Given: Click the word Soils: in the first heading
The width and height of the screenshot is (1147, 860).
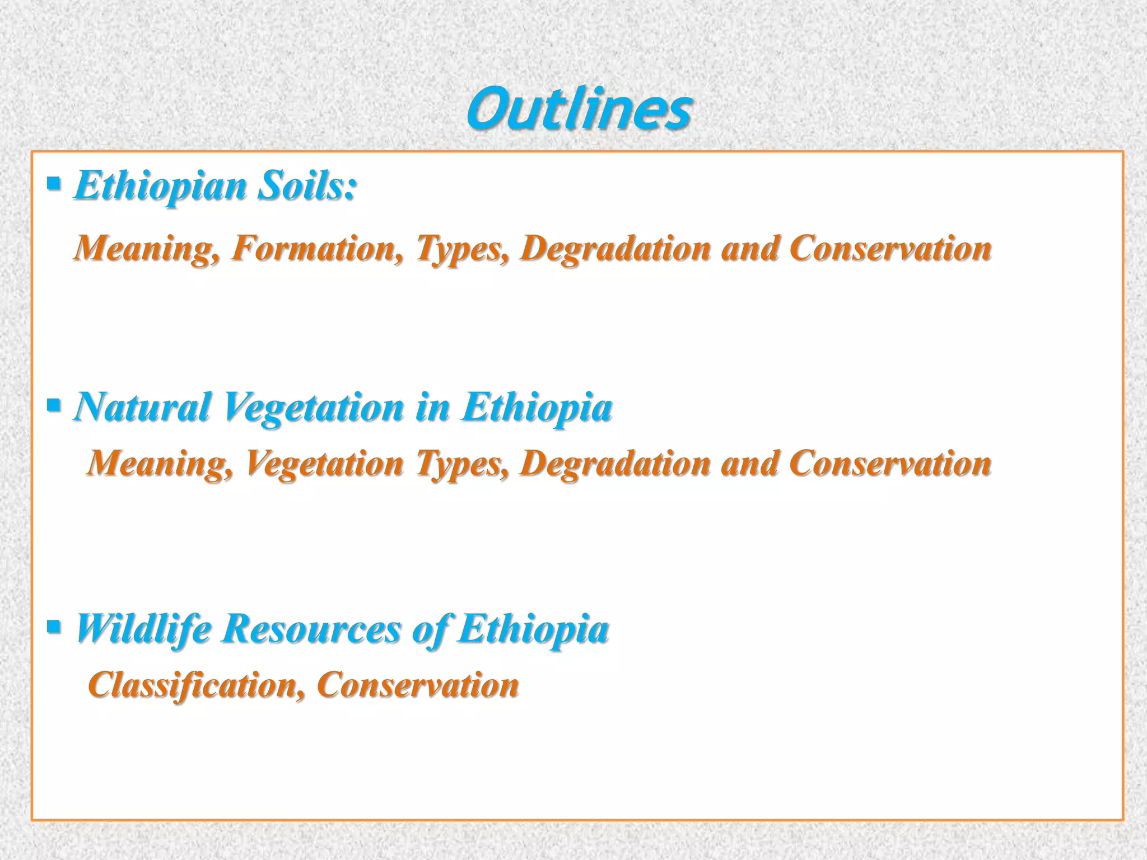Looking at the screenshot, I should point(306,185).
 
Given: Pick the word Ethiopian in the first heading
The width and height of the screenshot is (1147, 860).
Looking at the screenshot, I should point(160,185).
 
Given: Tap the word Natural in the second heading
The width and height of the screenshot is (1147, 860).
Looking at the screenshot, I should point(142,407).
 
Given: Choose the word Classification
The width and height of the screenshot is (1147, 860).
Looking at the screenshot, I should point(193,684).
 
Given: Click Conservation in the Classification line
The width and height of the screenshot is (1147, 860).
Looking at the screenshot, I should point(418,684).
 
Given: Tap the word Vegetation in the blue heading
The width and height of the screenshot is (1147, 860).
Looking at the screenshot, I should point(314,407).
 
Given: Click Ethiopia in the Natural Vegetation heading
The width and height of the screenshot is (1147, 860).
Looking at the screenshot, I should point(536,407).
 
